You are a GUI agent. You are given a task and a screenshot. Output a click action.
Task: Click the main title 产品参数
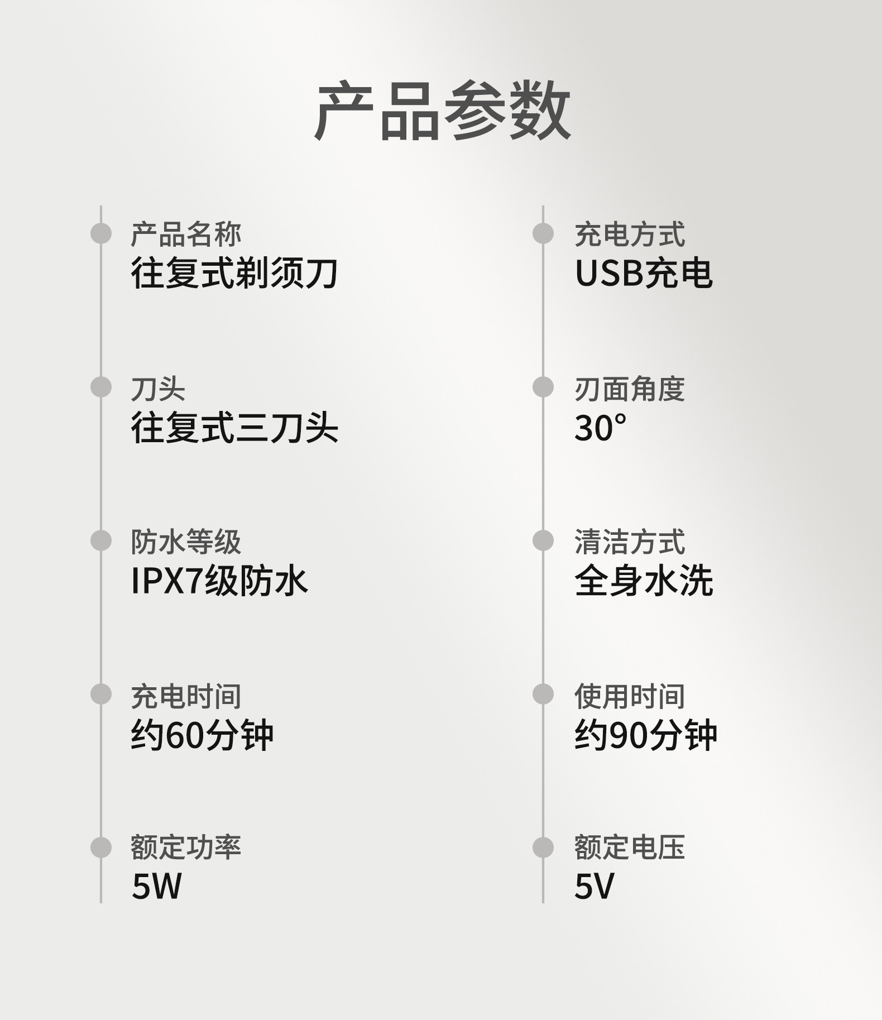coord(442,111)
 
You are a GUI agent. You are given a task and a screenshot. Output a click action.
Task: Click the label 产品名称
coord(186,234)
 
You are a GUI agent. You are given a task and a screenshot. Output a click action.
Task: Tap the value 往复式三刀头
coord(234,428)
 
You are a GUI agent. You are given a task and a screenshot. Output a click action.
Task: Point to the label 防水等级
coord(186,542)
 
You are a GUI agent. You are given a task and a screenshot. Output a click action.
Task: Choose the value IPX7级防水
coord(219,581)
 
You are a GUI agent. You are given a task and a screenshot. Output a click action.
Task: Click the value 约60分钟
coord(202,735)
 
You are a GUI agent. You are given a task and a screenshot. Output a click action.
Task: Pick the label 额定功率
coord(186,847)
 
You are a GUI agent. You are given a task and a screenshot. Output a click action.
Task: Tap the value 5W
coord(157,886)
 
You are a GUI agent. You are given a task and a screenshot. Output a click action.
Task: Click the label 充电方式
coord(630,234)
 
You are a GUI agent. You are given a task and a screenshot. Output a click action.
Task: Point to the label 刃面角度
coord(630,389)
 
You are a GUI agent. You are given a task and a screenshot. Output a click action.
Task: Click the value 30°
coord(600,428)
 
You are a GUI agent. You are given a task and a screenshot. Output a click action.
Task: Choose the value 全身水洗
coord(644,581)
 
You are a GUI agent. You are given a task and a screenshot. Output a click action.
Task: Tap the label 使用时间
coord(630,696)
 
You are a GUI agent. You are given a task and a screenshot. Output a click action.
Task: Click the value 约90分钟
coord(646,735)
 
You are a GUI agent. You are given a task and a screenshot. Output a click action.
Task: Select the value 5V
coord(594,886)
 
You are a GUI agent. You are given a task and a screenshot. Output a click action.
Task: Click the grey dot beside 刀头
coord(101,387)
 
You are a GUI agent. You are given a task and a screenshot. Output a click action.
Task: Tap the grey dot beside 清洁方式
coord(543,540)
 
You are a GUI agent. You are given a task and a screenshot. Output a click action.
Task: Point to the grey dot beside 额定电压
coord(543,847)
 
